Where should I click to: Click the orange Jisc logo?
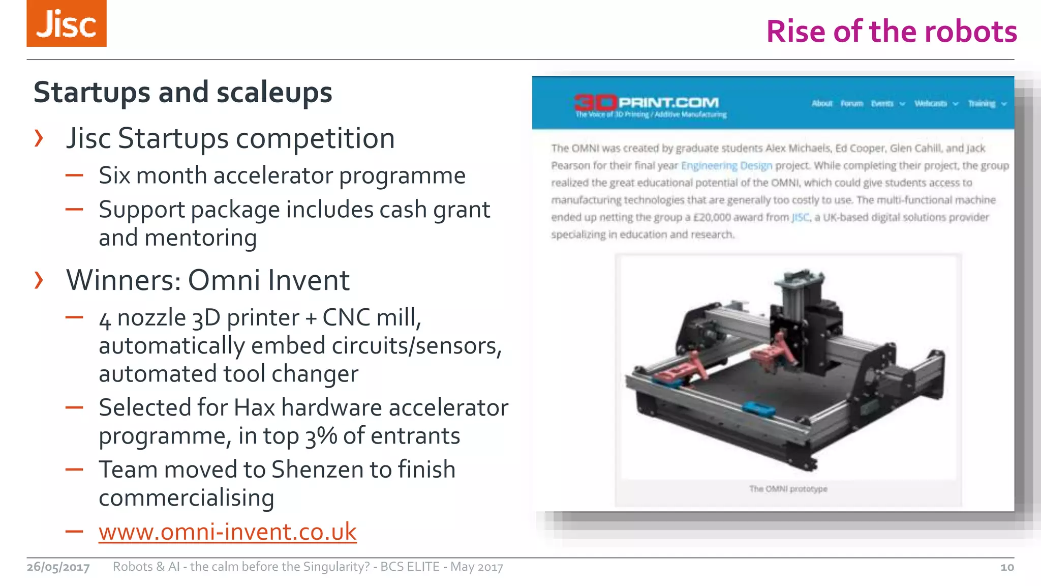coord(67,23)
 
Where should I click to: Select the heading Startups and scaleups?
coord(182,93)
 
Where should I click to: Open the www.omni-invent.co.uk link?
coord(227,532)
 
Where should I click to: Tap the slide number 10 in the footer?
coord(1006,567)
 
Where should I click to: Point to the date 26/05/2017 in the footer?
coord(58,567)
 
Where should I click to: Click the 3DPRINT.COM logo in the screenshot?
coord(647,103)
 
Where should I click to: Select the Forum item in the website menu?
coord(851,104)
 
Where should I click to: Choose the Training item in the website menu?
coord(982,104)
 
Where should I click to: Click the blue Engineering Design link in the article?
coord(726,166)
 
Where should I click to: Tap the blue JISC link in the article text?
coord(800,218)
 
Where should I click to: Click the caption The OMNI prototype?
coord(788,489)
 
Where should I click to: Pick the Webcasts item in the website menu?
coord(931,104)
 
